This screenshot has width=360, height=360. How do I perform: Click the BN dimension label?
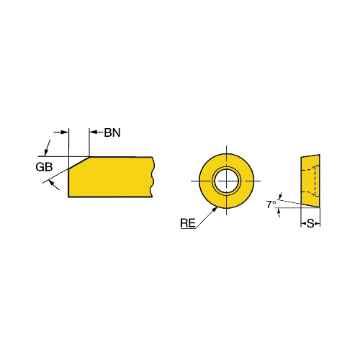[112, 132]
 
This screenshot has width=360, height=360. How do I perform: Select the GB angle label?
[44, 167]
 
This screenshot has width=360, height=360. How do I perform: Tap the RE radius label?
[188, 223]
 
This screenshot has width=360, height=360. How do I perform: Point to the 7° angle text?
[271, 204]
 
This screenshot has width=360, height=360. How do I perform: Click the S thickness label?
[310, 224]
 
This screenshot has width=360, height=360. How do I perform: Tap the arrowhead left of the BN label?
[93, 132]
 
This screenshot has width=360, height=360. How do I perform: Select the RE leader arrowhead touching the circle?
[215, 210]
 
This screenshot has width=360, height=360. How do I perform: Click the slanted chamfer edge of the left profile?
[79, 163]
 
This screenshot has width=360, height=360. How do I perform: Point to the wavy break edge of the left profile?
[153, 177]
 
